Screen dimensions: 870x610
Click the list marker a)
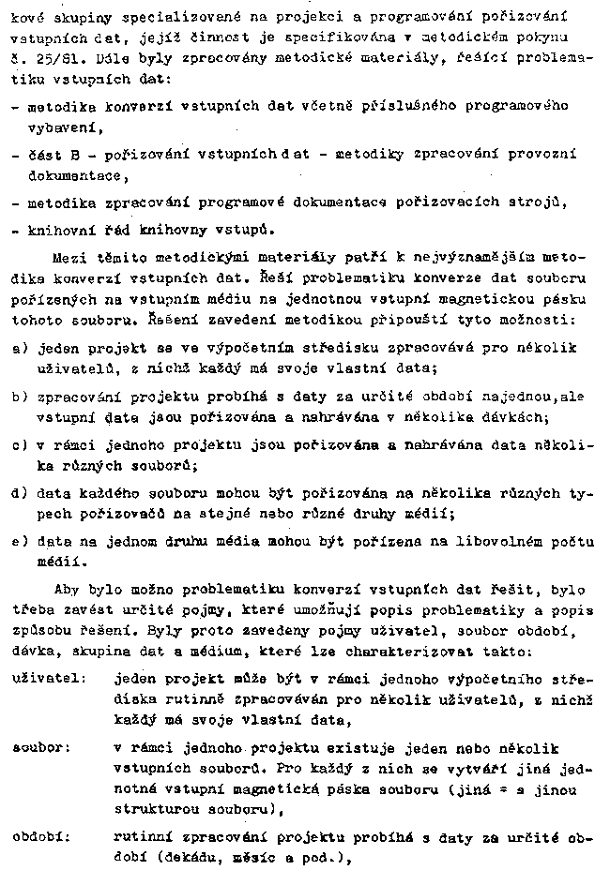17,347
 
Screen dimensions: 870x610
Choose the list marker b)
17,397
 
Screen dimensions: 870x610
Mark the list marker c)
17,446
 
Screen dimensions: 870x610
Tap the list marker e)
17,540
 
